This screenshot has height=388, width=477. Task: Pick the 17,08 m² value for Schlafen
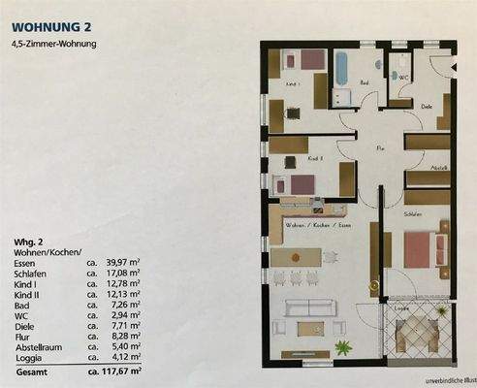pyautogui.click(x=119, y=274)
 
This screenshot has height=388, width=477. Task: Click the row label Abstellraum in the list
pyautogui.click(x=36, y=346)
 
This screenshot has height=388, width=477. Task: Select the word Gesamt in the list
pyautogui.click(x=30, y=370)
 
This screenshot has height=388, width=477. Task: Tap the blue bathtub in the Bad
pyautogui.click(x=342, y=70)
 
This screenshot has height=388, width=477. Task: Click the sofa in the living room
pyautogui.click(x=309, y=309)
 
